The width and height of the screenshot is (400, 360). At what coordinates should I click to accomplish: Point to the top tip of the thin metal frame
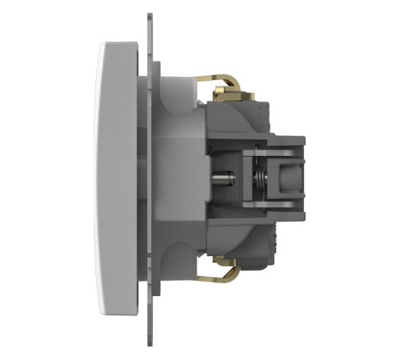tap(149, 18)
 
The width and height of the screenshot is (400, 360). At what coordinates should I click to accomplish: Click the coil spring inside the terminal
tap(257, 177)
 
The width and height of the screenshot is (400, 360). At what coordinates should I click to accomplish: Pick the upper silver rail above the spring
tap(268, 150)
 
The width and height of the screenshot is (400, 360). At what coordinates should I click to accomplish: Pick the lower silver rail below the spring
tap(268, 206)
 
